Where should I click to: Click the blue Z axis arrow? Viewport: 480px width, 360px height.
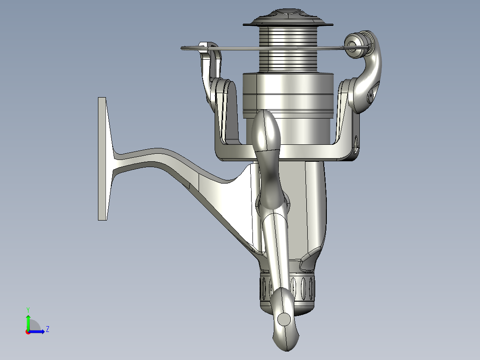click(x=37, y=331)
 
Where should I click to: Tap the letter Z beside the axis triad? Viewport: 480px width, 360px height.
click(x=48, y=329)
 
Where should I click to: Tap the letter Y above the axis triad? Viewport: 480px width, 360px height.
click(x=28, y=310)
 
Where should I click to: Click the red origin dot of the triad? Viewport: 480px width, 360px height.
click(x=28, y=332)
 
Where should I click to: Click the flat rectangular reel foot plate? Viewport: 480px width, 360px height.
click(x=102, y=159)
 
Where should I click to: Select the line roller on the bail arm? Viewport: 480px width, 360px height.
click(x=355, y=45)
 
